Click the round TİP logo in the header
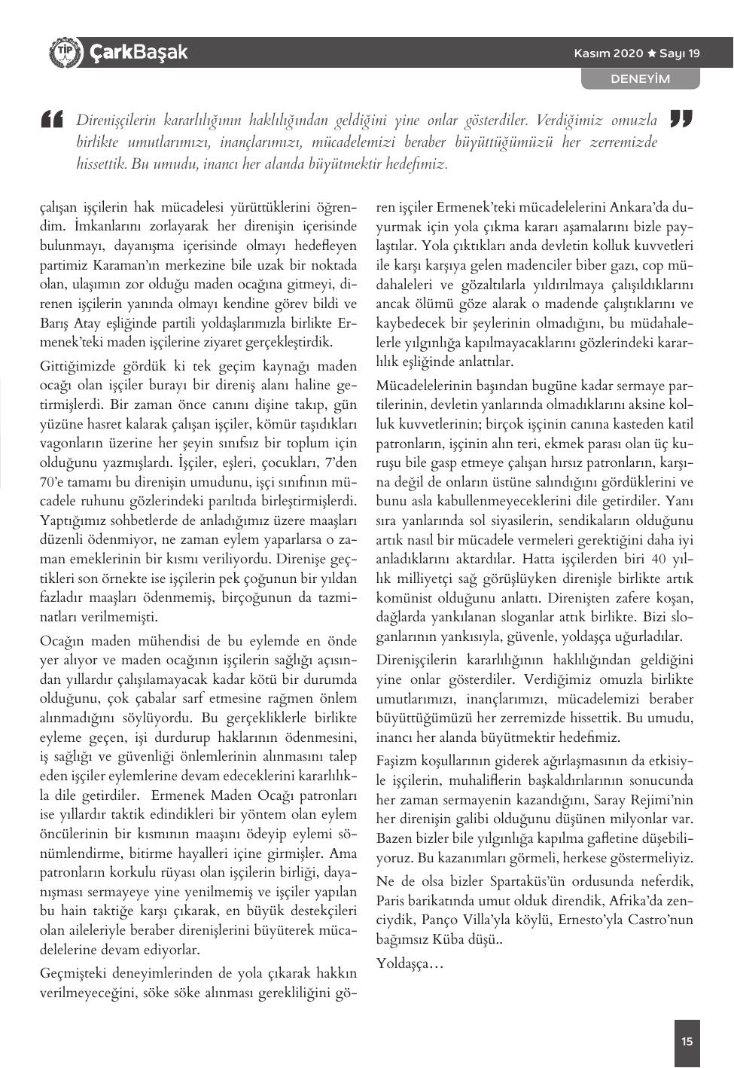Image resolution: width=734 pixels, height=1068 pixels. click(x=64, y=53)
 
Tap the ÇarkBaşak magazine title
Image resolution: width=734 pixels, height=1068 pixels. click(x=139, y=53)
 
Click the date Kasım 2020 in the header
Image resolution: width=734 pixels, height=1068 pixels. click(x=608, y=53)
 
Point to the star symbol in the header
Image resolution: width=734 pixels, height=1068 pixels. click(x=652, y=53)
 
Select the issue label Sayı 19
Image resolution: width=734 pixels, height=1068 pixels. click(x=680, y=53)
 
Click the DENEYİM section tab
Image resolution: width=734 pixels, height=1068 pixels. click(x=640, y=78)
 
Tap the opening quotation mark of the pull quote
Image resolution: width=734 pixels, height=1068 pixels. click(x=52, y=120)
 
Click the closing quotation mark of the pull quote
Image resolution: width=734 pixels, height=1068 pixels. click(x=680, y=120)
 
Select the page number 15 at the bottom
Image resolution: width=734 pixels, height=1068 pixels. click(x=687, y=1042)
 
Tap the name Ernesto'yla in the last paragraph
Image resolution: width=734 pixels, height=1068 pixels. click(x=588, y=920)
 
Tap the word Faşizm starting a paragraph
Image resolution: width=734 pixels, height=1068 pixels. click(x=397, y=760)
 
